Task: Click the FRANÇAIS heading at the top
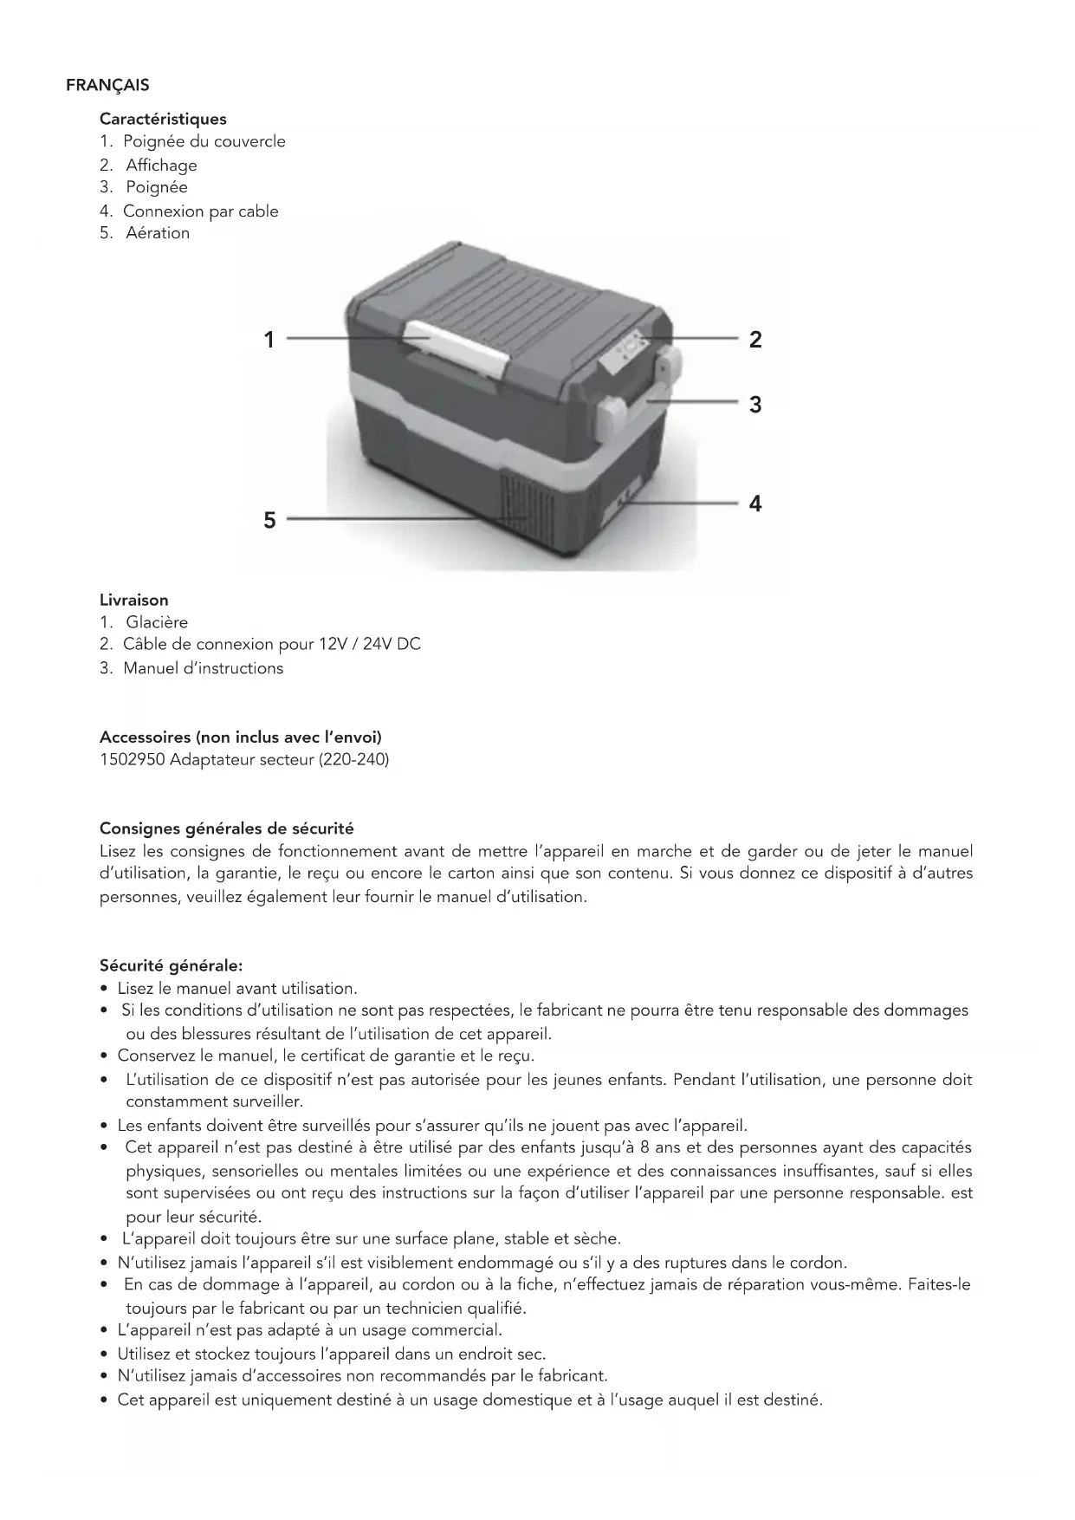pyautogui.click(x=107, y=85)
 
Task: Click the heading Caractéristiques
pyautogui.click(x=163, y=119)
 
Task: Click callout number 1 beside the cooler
pyautogui.click(x=269, y=340)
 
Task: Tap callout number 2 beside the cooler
pyautogui.click(x=755, y=340)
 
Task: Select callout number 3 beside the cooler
pyautogui.click(x=755, y=405)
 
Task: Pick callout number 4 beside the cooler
pyautogui.click(x=755, y=503)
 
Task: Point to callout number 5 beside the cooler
pyautogui.click(x=269, y=520)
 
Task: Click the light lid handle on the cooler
pyautogui.click(x=455, y=346)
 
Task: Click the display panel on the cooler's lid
pyautogui.click(x=625, y=352)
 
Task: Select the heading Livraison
pyautogui.click(x=134, y=600)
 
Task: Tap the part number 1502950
pyautogui.click(x=133, y=760)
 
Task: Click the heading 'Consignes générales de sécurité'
pyautogui.click(x=227, y=828)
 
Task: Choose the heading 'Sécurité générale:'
pyautogui.click(x=172, y=965)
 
